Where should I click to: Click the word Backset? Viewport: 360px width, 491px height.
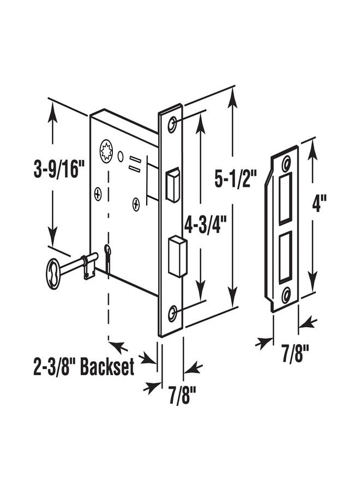tap(107, 367)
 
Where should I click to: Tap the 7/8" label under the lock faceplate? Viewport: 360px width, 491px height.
tap(183, 396)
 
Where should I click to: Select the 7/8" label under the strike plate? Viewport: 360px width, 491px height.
tap(296, 354)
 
